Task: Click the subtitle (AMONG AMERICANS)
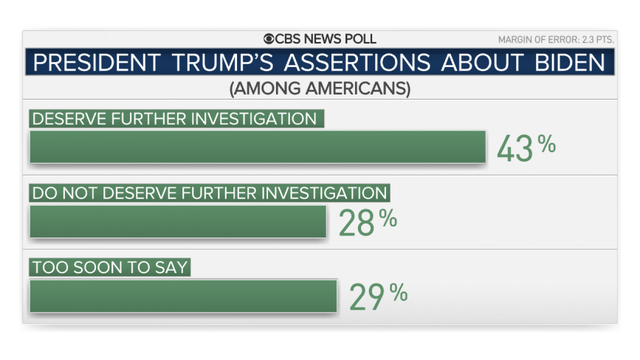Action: [319, 89]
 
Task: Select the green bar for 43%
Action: [257, 146]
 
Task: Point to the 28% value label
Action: [367, 222]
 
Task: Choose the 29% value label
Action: [378, 295]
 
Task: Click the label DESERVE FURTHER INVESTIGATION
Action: [175, 119]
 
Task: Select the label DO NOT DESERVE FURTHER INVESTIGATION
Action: [209, 193]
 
